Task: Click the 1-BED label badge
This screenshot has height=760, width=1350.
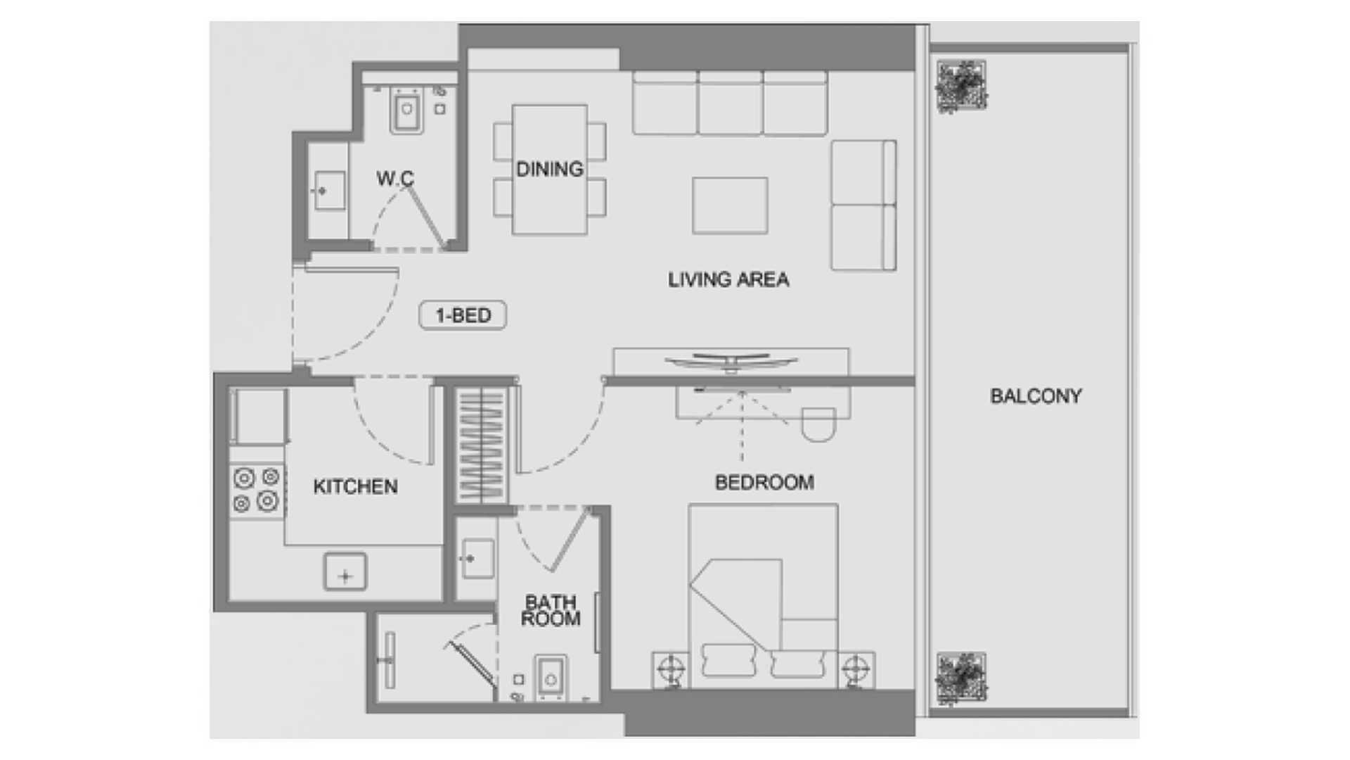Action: click(x=463, y=315)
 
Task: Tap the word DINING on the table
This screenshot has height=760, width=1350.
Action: click(x=550, y=169)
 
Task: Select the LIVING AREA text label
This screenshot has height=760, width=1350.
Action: click(x=728, y=279)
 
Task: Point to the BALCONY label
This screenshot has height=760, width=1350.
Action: click(x=1036, y=396)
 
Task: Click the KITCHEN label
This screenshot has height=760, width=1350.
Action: click(x=355, y=486)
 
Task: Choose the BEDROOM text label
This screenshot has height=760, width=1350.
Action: click(x=764, y=482)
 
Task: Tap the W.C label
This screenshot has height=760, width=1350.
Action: click(x=395, y=178)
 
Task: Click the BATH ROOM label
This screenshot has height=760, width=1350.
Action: click(x=551, y=610)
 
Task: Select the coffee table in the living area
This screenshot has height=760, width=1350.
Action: click(x=730, y=205)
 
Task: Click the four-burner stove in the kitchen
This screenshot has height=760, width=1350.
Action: click(x=257, y=490)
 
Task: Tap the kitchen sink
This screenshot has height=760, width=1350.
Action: click(x=345, y=571)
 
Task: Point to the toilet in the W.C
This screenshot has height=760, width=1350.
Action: click(x=406, y=110)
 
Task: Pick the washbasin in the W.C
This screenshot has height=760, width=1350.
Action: click(x=328, y=191)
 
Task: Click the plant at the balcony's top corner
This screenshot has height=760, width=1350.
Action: click(x=961, y=87)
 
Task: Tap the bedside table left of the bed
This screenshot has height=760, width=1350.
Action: click(x=671, y=669)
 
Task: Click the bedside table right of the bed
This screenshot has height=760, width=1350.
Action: click(x=856, y=669)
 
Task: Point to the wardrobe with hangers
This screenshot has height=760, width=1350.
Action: click(x=482, y=445)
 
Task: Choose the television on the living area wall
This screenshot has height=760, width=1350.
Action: click(x=731, y=361)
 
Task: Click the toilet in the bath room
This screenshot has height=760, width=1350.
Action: click(x=551, y=678)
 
